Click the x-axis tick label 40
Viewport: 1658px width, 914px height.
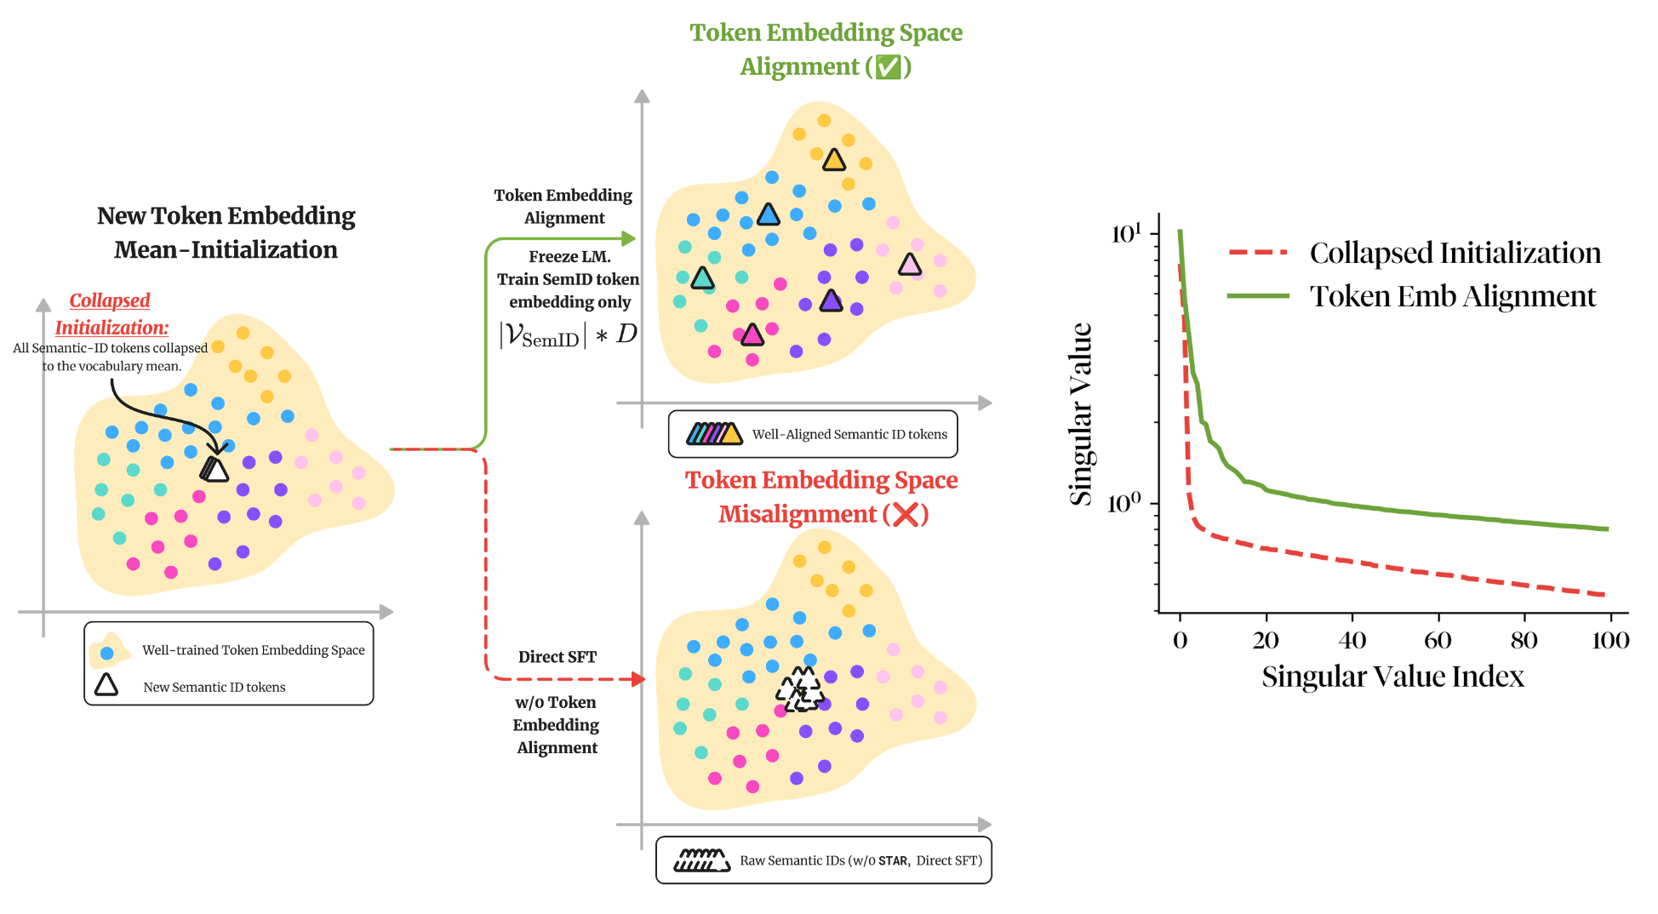pyautogui.click(x=1352, y=640)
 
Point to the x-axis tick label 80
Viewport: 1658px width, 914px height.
pyautogui.click(x=1524, y=640)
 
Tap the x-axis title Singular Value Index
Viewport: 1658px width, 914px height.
pyautogui.click(x=1392, y=677)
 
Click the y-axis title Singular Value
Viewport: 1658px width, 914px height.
pyautogui.click(x=1080, y=414)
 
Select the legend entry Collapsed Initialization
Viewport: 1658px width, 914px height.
pyautogui.click(x=1455, y=253)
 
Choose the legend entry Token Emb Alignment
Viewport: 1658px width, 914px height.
pyautogui.click(x=1452, y=296)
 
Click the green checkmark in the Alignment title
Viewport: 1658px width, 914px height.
pyautogui.click(x=889, y=66)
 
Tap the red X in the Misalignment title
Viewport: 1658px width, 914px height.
pyautogui.click(x=906, y=514)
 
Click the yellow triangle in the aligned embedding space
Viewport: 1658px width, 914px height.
pyautogui.click(x=834, y=160)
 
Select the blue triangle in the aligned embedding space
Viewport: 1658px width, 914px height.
pyautogui.click(x=768, y=214)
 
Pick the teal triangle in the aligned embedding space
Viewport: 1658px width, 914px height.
pyautogui.click(x=702, y=278)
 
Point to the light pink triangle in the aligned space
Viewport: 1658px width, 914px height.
pyautogui.click(x=910, y=265)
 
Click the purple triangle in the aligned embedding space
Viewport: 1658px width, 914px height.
pyautogui.click(x=831, y=300)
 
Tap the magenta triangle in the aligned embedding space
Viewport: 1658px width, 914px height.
pyautogui.click(x=752, y=335)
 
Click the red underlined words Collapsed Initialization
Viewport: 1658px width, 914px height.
pyautogui.click(x=111, y=314)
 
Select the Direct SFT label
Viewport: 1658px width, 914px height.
pyautogui.click(x=557, y=657)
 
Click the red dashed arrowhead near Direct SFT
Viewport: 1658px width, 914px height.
pyautogui.click(x=637, y=679)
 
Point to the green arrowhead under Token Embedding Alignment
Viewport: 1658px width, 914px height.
pyautogui.click(x=629, y=238)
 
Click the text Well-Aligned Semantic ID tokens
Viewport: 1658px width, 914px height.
pyautogui.click(x=849, y=434)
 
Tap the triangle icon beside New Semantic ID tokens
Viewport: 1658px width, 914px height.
pyautogui.click(x=106, y=685)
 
